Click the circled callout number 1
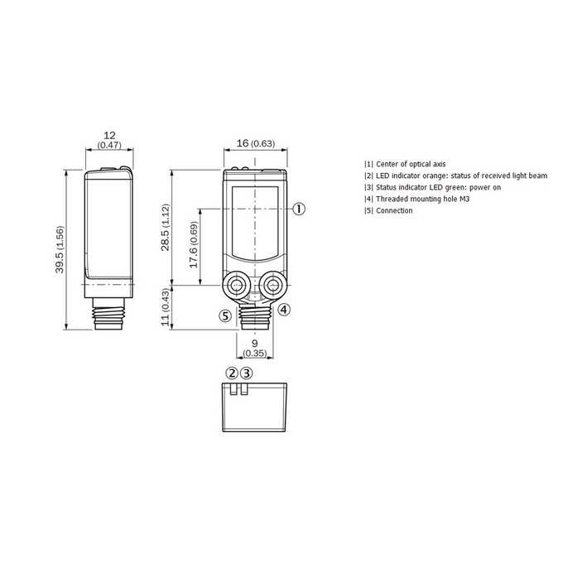coord(299,209)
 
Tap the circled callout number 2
coord(232,373)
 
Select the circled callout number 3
coord(246,373)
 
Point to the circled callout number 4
coord(284,310)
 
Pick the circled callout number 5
coord(225,316)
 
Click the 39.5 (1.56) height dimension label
coord(60,249)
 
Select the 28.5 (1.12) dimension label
coord(165,228)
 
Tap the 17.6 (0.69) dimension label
coord(194,244)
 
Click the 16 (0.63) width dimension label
coord(256,143)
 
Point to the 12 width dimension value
coord(109,135)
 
